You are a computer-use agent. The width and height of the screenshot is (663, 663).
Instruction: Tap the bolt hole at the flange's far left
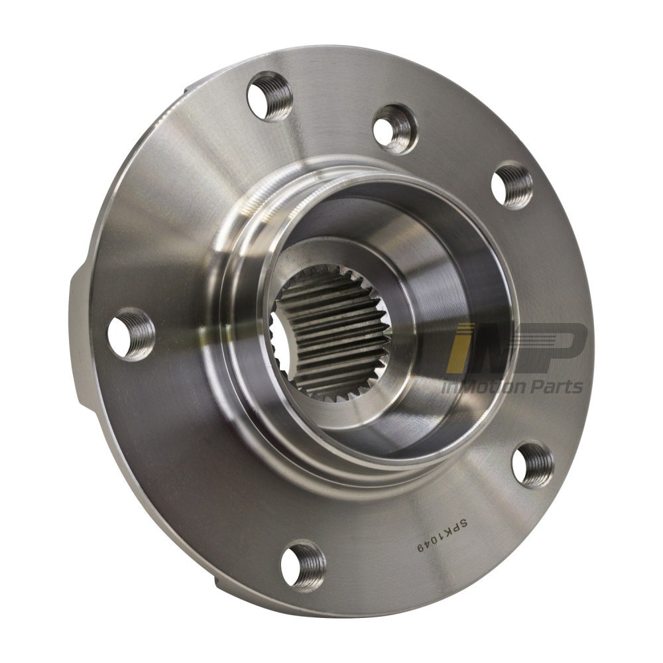pyautogui.click(x=131, y=334)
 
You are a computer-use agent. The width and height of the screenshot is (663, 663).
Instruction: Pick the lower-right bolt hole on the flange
pyautogui.click(x=532, y=465)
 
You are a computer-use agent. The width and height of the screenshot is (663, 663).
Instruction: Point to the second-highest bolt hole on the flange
pyautogui.click(x=395, y=129)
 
